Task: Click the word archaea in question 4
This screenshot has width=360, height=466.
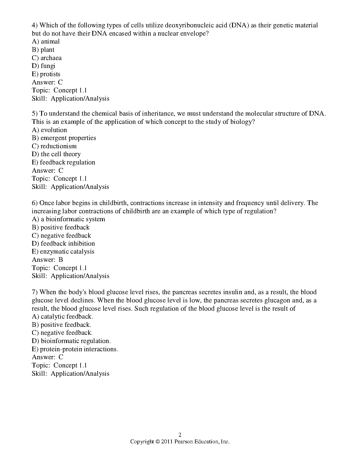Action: pos(51,58)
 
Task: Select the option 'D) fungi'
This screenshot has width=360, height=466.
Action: pos(44,66)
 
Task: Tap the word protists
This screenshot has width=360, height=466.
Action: pos(50,74)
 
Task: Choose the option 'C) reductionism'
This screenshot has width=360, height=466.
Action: pos(54,146)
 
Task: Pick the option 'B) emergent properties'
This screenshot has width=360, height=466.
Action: pos(64,138)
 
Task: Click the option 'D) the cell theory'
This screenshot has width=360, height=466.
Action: pos(56,154)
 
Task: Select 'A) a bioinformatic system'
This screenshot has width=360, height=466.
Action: pos(68,219)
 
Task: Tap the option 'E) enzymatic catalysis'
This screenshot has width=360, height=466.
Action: pos(63,252)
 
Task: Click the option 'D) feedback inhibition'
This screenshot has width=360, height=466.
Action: pos(63,244)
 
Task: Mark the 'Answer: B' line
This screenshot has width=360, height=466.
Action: pos(47,260)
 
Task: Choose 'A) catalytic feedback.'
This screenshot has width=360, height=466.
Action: pos(62,317)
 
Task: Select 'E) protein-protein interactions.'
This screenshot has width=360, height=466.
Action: pos(75,349)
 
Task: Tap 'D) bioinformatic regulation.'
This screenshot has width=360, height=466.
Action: pos(71,341)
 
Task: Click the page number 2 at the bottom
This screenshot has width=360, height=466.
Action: pos(180,435)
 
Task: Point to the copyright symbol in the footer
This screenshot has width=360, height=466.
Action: pos(158,442)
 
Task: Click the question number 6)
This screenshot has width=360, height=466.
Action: pos(35,203)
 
